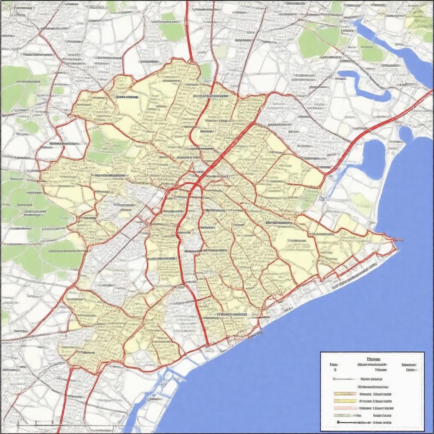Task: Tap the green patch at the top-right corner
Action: tap(420, 21)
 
